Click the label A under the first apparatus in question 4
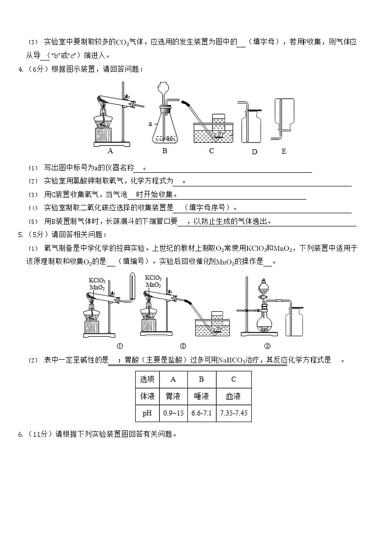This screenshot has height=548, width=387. tap(110, 151)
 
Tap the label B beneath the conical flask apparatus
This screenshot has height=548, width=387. tap(164, 151)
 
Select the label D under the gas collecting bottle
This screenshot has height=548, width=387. tap(254, 152)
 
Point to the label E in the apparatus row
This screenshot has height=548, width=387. tap(284, 151)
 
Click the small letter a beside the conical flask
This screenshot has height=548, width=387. tap(150, 124)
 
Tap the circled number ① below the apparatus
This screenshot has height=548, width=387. tap(120, 346)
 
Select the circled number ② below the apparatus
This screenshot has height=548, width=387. tap(183, 346)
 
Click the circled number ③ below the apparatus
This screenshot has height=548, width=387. tap(267, 346)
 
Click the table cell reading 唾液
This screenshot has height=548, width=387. tap(202, 396)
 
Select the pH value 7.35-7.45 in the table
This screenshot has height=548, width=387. tap(234, 413)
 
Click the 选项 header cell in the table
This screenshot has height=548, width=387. tap(147, 379)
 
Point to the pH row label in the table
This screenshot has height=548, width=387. tap(147, 413)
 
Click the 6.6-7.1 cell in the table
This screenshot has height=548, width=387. tap(202, 413)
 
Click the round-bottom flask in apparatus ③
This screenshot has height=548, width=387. tap(265, 324)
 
